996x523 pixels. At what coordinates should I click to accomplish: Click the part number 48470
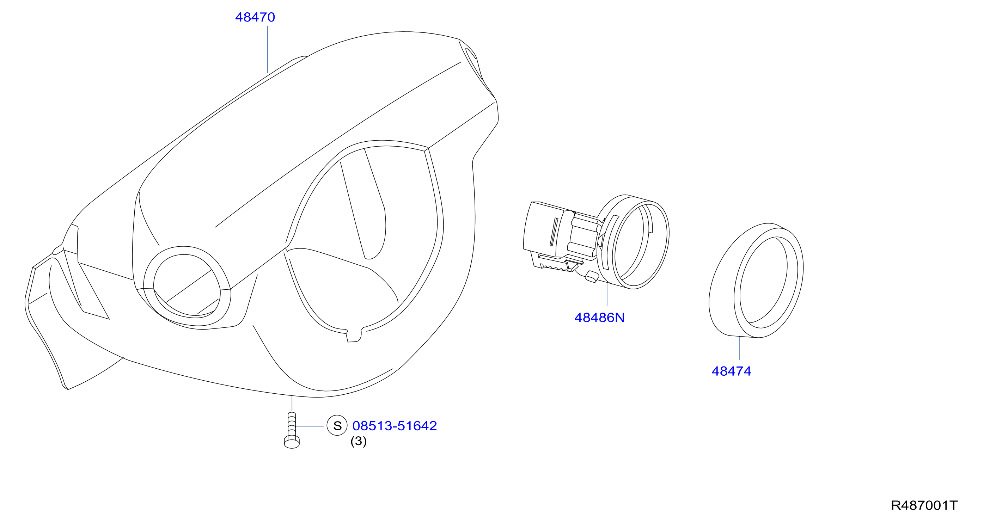pyautogui.click(x=255, y=17)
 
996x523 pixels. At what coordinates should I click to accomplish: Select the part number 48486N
pyautogui.click(x=599, y=318)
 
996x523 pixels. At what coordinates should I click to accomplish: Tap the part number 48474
pyautogui.click(x=731, y=371)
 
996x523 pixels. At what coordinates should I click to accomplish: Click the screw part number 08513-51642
pyautogui.click(x=395, y=426)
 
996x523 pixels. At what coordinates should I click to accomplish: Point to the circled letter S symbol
pyautogui.click(x=337, y=426)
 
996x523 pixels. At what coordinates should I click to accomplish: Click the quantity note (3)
pyautogui.click(x=359, y=441)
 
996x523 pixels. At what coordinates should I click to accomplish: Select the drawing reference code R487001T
pyautogui.click(x=924, y=506)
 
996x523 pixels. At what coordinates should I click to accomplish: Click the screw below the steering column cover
pyautogui.click(x=292, y=430)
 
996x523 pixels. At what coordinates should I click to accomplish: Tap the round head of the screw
pyautogui.click(x=292, y=443)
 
